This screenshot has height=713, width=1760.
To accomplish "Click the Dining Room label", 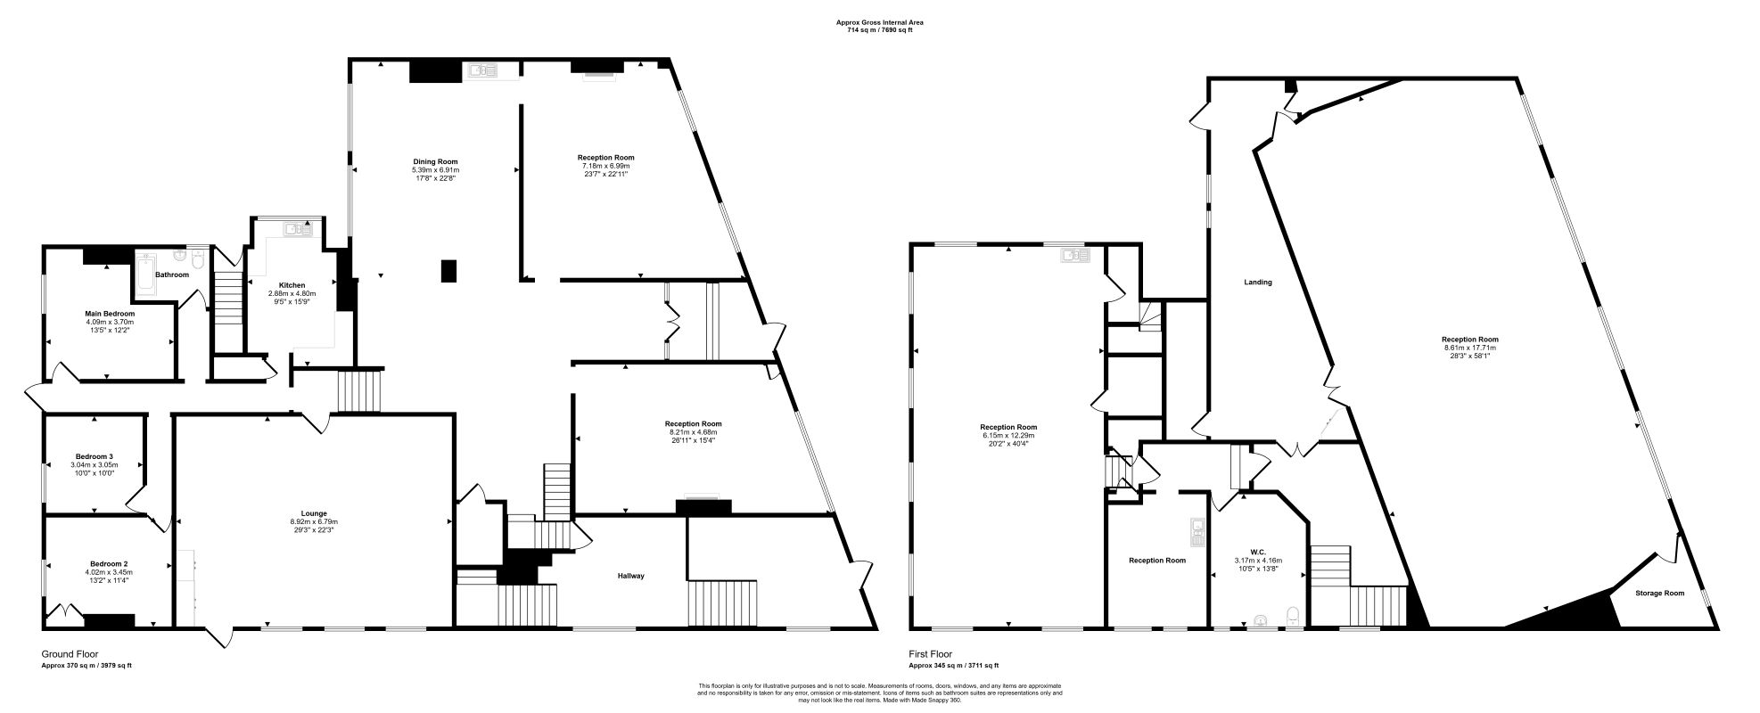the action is [x=435, y=161].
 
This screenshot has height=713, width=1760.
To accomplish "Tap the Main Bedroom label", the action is [x=110, y=314].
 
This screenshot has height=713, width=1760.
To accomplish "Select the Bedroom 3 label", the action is [x=94, y=456].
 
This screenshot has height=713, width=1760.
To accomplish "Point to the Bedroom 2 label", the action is [x=108, y=563].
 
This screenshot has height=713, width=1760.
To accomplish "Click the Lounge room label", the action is [x=314, y=513].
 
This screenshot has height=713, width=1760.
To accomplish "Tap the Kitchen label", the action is [x=292, y=285].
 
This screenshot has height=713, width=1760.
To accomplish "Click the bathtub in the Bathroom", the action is [x=144, y=274].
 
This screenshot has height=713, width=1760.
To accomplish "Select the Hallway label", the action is [x=629, y=576].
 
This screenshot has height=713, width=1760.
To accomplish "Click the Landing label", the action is [x=1258, y=283].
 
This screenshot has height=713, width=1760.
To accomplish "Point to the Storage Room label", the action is [x=1659, y=593].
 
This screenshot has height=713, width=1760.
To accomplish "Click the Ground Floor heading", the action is [x=70, y=654].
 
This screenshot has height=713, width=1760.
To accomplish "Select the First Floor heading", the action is [x=933, y=654].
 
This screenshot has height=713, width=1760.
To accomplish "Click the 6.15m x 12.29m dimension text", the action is [x=1008, y=435].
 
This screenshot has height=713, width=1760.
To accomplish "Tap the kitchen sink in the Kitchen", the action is [x=299, y=229].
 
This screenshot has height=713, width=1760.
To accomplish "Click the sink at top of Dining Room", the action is [x=482, y=69].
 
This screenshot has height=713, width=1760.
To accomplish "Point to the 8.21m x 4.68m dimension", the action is [x=693, y=432].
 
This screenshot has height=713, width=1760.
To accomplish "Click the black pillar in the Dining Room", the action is [x=449, y=270].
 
